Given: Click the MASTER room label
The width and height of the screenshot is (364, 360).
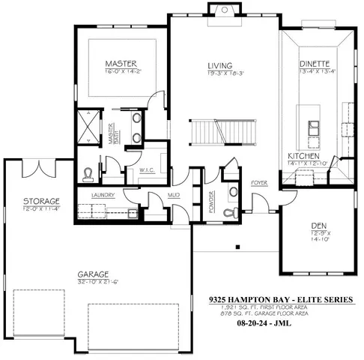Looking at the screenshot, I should click(120, 64).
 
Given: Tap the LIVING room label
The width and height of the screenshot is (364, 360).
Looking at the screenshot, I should click(219, 66).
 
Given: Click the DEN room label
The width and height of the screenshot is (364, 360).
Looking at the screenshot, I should click(320, 226).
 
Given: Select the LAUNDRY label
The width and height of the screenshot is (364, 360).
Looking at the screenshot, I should click(103, 195).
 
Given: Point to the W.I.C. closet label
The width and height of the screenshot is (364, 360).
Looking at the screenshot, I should click(147, 170).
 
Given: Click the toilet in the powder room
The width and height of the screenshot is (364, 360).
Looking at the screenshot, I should click(233, 192).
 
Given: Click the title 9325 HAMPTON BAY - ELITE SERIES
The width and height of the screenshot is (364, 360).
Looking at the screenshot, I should click(282, 300).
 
